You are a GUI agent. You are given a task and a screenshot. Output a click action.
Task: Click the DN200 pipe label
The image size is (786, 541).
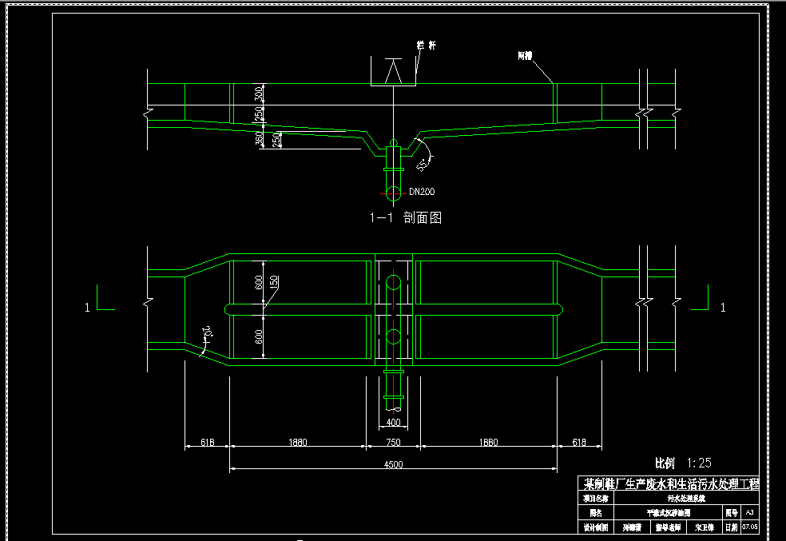(422, 192)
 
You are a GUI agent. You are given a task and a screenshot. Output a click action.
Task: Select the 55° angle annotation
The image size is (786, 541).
(423, 164)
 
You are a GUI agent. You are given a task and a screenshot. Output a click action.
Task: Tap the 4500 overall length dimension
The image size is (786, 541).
(393, 464)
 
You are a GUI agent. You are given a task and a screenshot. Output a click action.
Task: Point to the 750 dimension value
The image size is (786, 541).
(393, 441)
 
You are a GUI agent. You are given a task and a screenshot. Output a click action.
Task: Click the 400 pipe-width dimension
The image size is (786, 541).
(393, 422)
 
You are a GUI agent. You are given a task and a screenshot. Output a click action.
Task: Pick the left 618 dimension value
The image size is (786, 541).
(208, 441)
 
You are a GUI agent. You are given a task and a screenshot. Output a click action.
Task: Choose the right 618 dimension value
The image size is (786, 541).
(579, 441)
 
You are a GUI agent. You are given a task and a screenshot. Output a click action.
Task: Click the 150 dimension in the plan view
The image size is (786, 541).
(273, 282)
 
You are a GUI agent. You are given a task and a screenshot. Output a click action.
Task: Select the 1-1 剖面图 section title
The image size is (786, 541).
(405, 217)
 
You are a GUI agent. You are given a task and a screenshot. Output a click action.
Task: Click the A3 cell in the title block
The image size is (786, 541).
(749, 512)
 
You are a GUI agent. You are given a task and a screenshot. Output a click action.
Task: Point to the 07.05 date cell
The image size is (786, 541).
(749, 527)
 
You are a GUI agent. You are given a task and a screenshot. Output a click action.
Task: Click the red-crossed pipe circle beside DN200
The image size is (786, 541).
(392, 192)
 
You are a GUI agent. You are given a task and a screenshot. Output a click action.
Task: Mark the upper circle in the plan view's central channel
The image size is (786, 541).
(393, 282)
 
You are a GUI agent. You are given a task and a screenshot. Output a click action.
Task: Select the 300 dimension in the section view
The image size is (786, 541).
(258, 93)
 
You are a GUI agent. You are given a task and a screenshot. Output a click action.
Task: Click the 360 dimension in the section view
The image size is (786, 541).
(259, 138)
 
